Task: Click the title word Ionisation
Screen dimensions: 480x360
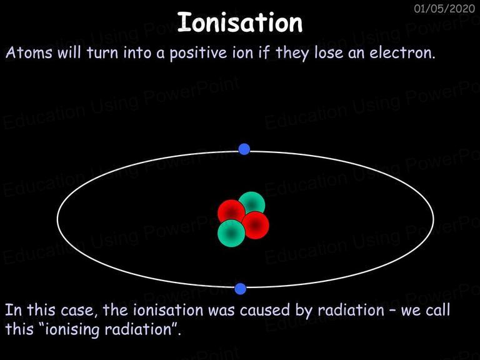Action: coord(240,22)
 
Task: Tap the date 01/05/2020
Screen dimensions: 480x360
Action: coord(444,8)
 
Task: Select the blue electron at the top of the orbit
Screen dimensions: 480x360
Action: coord(244,149)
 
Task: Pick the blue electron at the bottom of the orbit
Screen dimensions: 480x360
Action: coord(240,289)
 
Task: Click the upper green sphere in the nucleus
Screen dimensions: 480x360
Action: coord(252,204)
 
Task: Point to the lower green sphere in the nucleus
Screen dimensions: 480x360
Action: coord(231,233)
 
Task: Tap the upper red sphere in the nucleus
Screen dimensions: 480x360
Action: coord(231,212)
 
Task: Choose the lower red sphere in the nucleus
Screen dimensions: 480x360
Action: coord(255,225)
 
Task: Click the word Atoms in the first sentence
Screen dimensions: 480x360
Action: coord(29,52)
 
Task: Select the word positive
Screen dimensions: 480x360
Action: coord(198,54)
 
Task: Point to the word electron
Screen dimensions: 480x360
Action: coord(402,52)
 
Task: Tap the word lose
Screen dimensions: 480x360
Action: coord(329,52)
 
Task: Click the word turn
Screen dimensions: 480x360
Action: coord(102,53)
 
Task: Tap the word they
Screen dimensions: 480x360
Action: coord(292,54)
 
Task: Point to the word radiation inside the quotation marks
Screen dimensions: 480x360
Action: coord(137,329)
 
